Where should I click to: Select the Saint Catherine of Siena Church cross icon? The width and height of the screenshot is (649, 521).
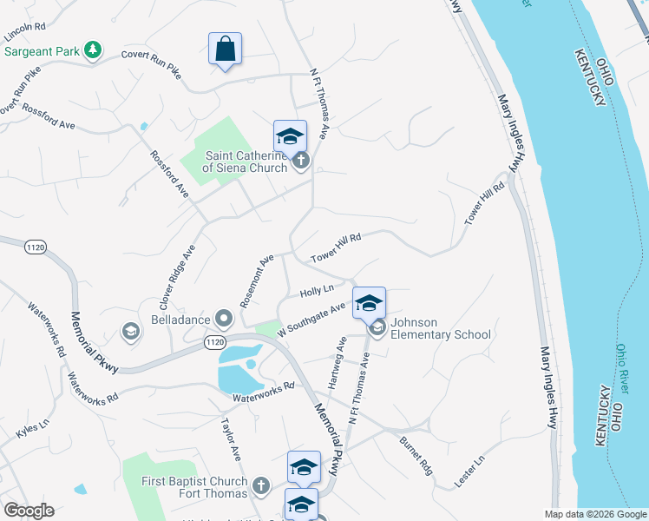pos(301,161)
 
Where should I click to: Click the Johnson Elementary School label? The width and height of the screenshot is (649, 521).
pos(440,328)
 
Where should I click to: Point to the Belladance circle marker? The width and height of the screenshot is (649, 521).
pos(225,319)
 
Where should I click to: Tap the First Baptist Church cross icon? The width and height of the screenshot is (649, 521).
pos(262,483)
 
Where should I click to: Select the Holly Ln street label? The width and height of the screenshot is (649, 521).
pos(317,291)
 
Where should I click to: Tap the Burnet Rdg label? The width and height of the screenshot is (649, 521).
pos(416,455)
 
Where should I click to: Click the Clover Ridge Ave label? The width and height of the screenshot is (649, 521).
pos(177,277)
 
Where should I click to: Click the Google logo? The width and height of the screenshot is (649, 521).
pos(29,511)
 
